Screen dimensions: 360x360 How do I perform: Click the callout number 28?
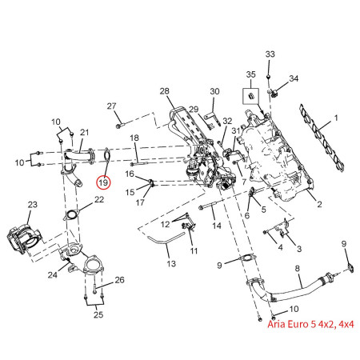pyautogui.click(x=165, y=92)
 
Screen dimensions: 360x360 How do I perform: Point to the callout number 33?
pyautogui.click(x=270, y=54)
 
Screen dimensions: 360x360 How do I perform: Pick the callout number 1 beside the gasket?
pyautogui.click(x=337, y=118)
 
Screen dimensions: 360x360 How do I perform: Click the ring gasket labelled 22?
pyautogui.click(x=70, y=214)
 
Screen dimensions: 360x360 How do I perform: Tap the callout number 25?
pyautogui.click(x=98, y=315)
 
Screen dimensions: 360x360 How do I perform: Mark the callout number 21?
pyautogui.click(x=85, y=132)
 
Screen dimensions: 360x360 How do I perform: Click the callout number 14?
pyautogui.click(x=217, y=227)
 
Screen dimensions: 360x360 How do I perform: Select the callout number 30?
pyautogui.click(x=214, y=92)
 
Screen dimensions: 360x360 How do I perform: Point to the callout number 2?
pyautogui.click(x=319, y=206)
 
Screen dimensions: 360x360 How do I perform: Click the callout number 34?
pyautogui.click(x=294, y=78)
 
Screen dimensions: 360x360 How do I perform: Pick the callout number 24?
pyautogui.click(x=51, y=275)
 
